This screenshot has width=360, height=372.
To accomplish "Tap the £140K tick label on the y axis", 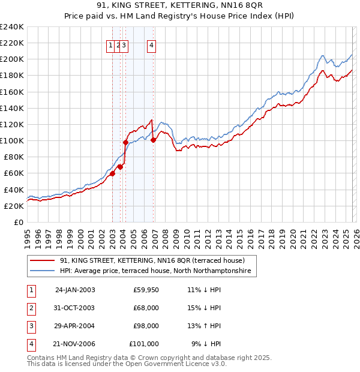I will coord(12,108).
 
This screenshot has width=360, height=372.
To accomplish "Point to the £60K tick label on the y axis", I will coord(14,173).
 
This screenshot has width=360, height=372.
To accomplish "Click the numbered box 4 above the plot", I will coord(152,45).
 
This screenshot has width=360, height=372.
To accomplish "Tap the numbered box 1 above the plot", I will coord(111,45).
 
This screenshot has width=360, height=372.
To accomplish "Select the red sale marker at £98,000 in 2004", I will coord(126,142).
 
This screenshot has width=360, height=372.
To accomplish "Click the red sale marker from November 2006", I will coord(153,140).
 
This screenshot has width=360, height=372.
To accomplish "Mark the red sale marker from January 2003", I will coord(112,173).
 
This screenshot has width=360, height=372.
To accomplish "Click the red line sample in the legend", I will coord(43,261).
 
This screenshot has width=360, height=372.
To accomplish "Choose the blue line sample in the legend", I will coord(43,271).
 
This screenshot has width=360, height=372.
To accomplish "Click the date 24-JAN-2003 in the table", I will coord(75,290).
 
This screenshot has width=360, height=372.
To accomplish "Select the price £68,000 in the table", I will coord(146,308).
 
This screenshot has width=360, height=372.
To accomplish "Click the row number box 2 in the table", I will coord(29,308).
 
